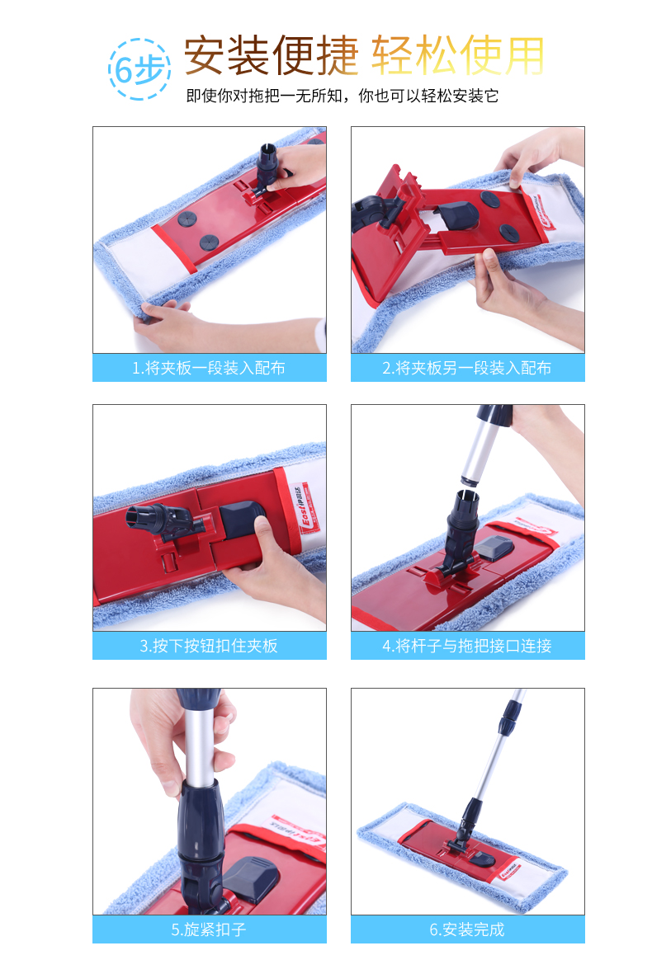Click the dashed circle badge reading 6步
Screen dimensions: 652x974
[139, 69]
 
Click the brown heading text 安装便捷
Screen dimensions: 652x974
[271, 55]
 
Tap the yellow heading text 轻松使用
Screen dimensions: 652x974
[458, 55]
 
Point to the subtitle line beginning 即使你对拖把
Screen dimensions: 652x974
[342, 96]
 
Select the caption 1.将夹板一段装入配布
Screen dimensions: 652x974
[209, 369]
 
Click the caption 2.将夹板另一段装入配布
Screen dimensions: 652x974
[467, 369]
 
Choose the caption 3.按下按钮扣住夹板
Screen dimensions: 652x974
[209, 646]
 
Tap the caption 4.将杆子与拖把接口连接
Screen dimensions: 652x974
[467, 646]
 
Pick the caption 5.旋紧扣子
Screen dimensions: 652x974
[209, 930]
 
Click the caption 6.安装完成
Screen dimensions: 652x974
[467, 930]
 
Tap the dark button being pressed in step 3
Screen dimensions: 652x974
[241, 520]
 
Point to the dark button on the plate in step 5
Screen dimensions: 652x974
[252, 879]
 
